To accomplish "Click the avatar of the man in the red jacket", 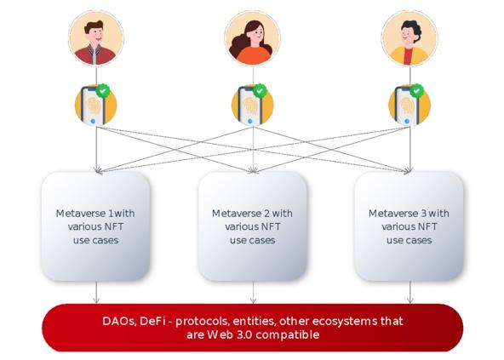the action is pos(96,38).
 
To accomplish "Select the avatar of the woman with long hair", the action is pos(253,38).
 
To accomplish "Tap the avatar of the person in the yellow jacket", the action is pos(409,38).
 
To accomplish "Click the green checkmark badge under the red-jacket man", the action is pos(102,91).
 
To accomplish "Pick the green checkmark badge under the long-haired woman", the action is pos(260,91).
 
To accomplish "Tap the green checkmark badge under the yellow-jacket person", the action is pos(416,91).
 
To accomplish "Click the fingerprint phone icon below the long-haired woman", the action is pos(253,106).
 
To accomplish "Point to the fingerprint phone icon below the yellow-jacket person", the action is pos(409,106).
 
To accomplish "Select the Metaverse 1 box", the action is pos(96,226).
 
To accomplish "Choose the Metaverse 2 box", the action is pos(253,226).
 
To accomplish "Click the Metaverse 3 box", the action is pos(409,226).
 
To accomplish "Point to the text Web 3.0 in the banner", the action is pos(230,334).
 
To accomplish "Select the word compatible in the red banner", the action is pos(288,335).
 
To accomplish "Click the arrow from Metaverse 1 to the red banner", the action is pos(96,293).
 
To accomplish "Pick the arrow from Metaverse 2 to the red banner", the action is pos(253,293).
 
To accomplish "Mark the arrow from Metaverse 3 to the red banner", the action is pos(409,293).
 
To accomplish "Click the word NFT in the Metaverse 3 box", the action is pos(425,226).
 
